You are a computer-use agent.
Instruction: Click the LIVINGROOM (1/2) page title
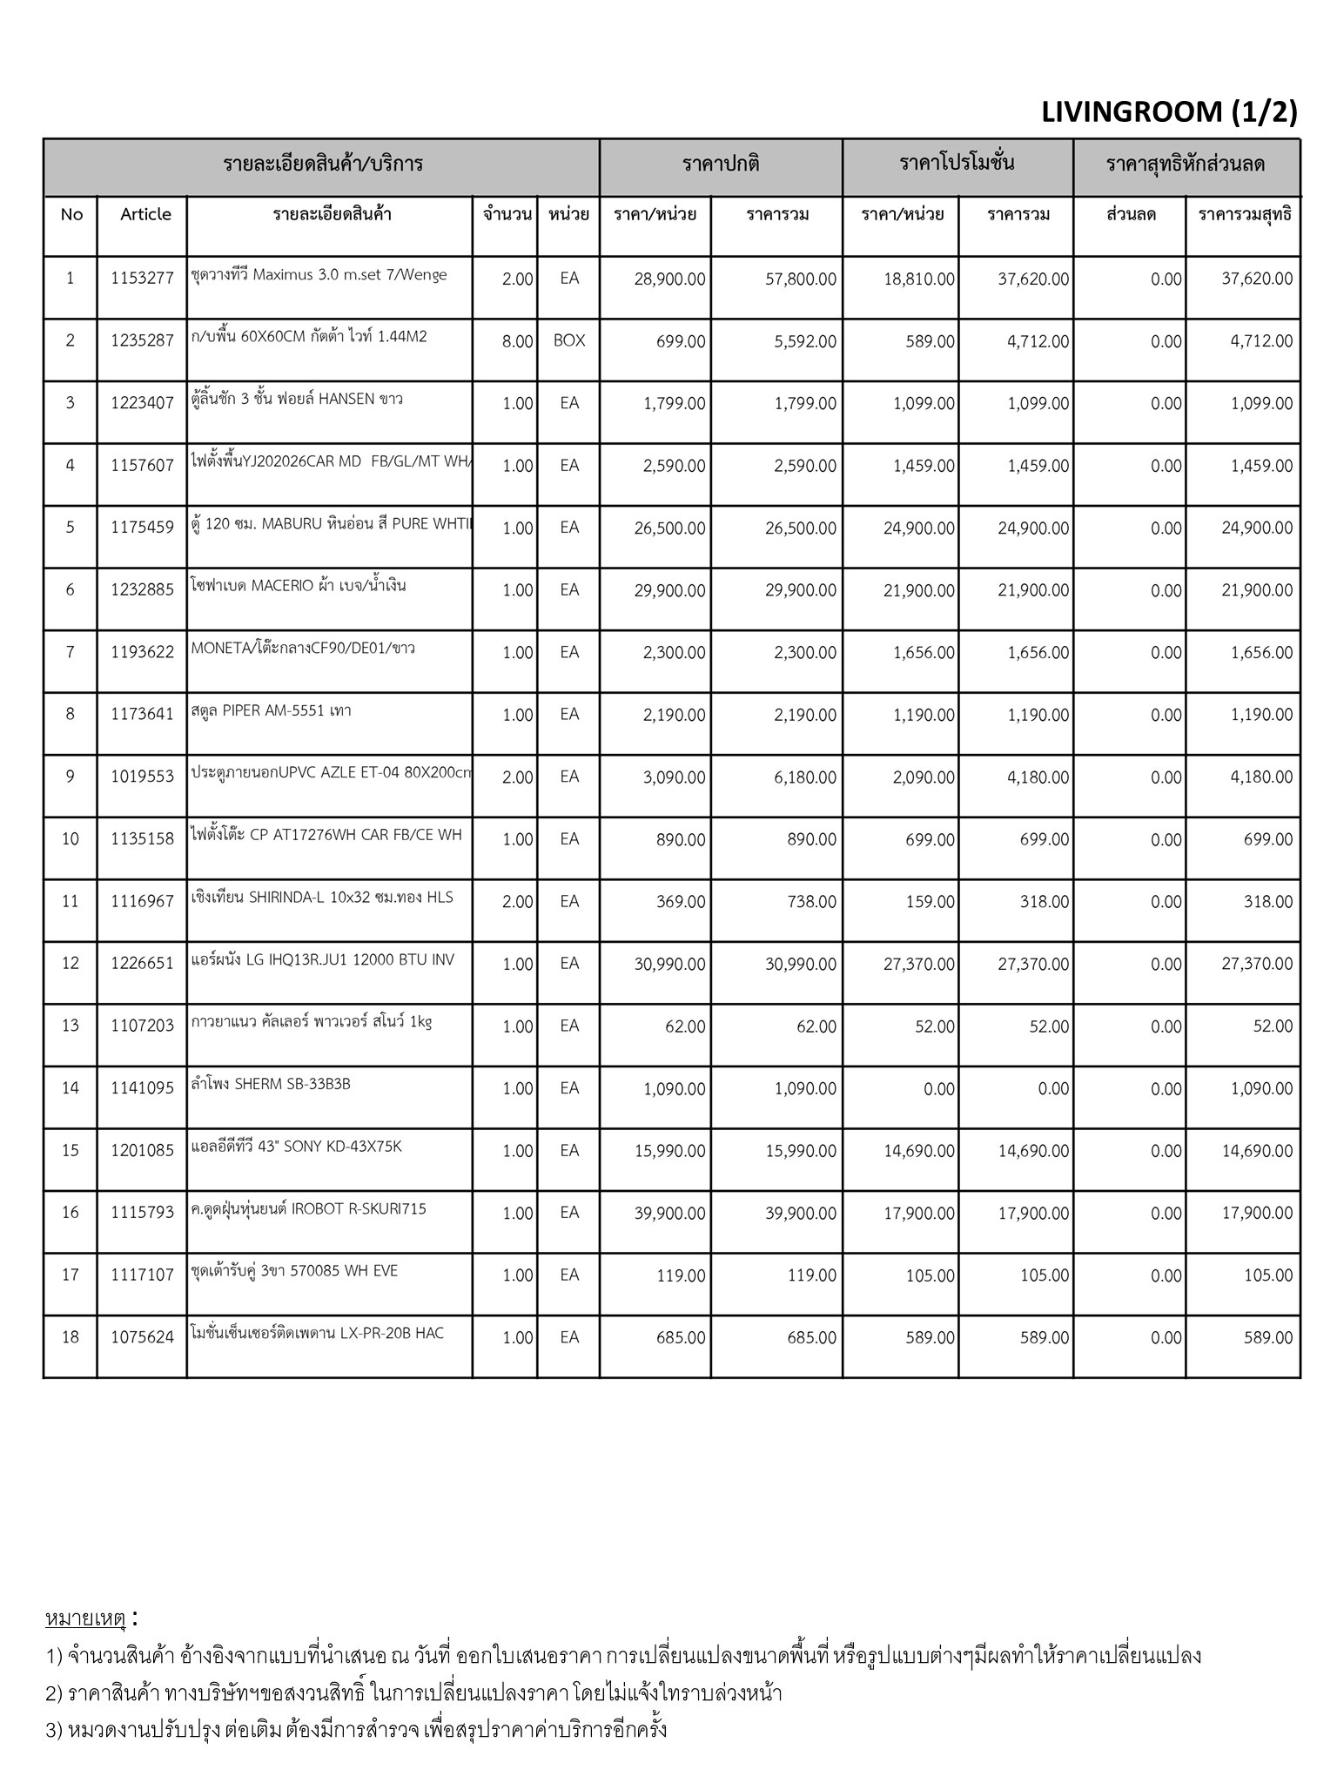(1168, 112)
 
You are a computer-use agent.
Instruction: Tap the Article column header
(145, 214)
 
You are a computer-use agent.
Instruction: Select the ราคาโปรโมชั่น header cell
(957, 163)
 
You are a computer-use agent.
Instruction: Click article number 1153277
(142, 279)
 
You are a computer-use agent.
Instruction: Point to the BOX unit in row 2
(569, 341)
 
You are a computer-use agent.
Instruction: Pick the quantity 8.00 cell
(517, 342)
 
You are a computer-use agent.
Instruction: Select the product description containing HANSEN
(297, 399)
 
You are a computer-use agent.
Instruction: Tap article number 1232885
(142, 590)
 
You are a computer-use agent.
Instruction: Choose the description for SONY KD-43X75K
(297, 1147)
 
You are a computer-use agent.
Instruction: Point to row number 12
(71, 963)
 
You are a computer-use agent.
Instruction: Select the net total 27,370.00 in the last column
(1257, 964)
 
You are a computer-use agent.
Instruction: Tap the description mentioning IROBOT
(309, 1209)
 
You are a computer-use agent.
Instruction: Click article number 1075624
(142, 1337)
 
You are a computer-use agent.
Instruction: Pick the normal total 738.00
(811, 902)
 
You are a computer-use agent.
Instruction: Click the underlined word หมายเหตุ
(85, 1618)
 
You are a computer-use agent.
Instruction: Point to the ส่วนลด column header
(1130, 214)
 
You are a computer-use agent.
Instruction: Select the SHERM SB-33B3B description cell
(271, 1085)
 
